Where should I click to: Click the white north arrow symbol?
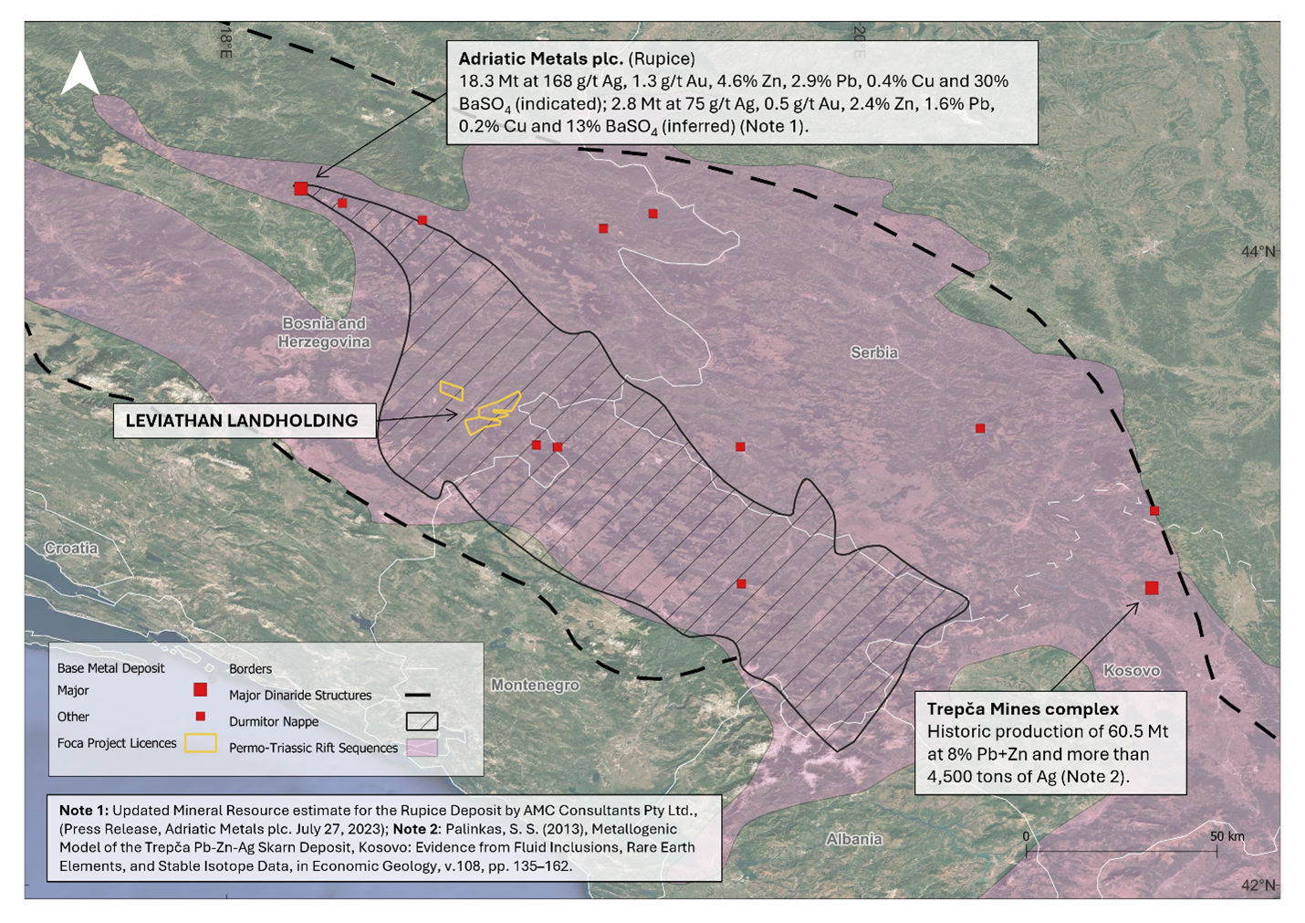click(x=80, y=74)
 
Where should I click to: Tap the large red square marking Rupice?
click(x=301, y=189)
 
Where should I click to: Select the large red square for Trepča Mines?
click(x=1152, y=588)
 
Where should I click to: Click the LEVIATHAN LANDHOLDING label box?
click(x=243, y=421)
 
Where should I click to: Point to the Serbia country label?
click(x=873, y=352)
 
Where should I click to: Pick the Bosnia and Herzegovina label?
click(x=325, y=332)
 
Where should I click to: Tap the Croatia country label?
click(x=71, y=549)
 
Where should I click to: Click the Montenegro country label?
click(x=535, y=685)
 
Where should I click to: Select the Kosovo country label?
click(x=1132, y=670)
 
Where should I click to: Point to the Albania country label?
click(x=854, y=839)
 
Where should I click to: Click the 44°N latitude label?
click(x=1258, y=251)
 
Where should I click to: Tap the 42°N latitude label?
click(x=1258, y=885)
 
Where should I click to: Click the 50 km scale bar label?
click(x=1227, y=836)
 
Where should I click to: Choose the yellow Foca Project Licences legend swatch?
click(x=200, y=743)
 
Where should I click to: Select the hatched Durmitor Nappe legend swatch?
click(x=422, y=721)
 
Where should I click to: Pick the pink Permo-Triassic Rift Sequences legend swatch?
click(x=422, y=748)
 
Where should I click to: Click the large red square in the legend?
click(x=200, y=690)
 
